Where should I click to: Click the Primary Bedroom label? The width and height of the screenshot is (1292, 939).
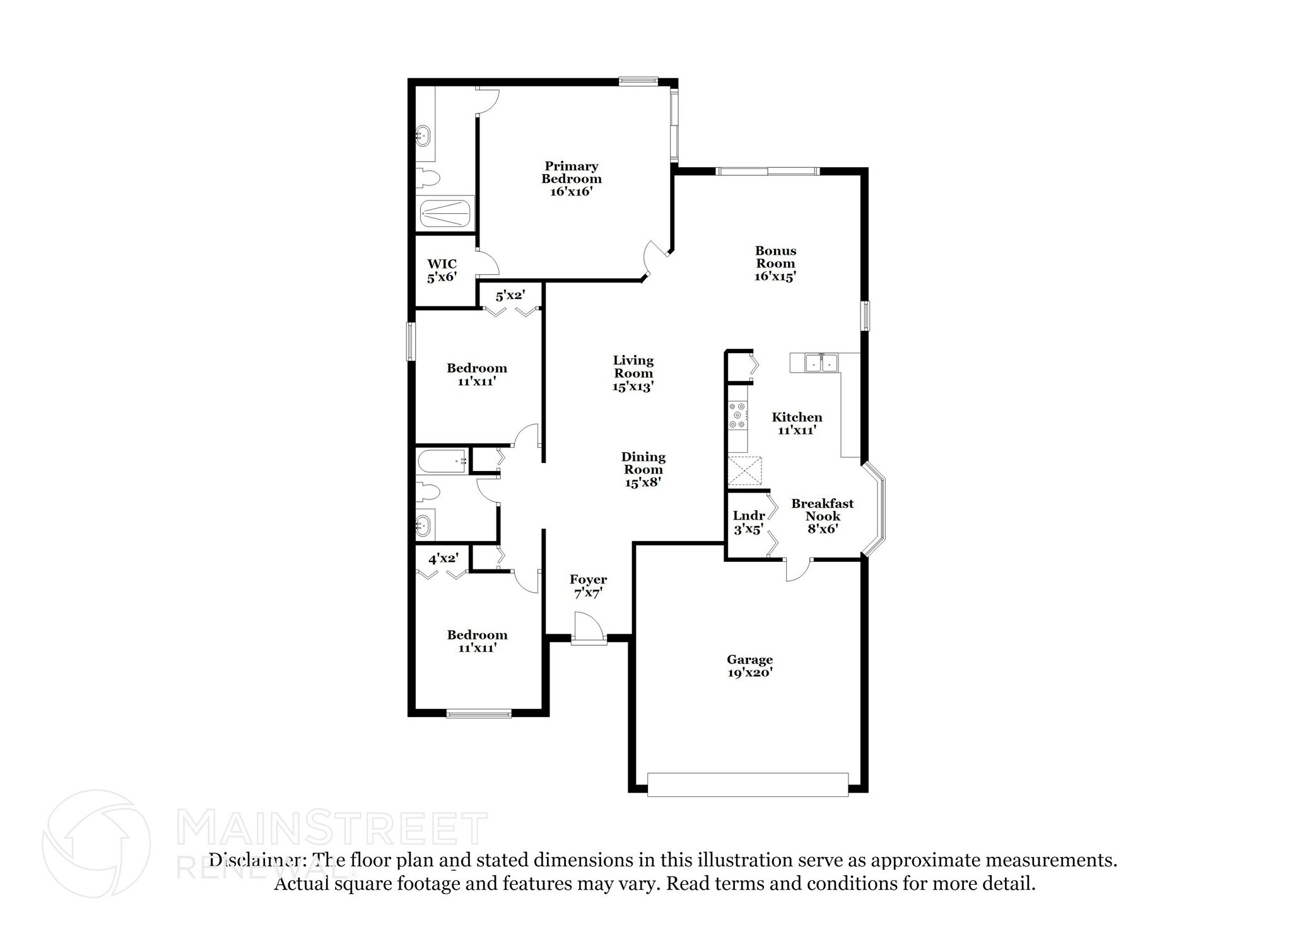click(571, 178)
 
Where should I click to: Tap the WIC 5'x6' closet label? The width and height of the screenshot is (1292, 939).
click(442, 271)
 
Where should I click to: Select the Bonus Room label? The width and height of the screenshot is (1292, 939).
click(775, 263)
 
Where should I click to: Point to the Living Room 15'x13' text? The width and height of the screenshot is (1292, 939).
click(633, 373)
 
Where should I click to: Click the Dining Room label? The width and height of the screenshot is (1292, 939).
click(643, 469)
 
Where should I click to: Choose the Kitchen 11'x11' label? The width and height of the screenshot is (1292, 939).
click(797, 423)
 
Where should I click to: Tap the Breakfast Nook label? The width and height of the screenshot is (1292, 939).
click(822, 516)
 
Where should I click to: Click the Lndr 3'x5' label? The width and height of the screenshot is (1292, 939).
click(749, 522)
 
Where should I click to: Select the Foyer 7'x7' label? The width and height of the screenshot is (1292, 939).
click(588, 586)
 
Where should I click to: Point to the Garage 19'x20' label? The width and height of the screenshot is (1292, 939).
click(749, 666)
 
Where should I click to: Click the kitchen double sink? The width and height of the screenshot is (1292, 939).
click(821, 363)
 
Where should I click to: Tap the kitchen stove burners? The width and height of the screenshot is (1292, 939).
click(737, 416)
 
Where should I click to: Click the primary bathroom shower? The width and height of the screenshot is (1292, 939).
click(445, 213)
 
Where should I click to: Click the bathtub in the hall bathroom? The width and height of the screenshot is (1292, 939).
click(442, 461)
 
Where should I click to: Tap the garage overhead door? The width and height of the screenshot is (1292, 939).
click(748, 784)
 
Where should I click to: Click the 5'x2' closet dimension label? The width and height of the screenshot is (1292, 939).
click(510, 295)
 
